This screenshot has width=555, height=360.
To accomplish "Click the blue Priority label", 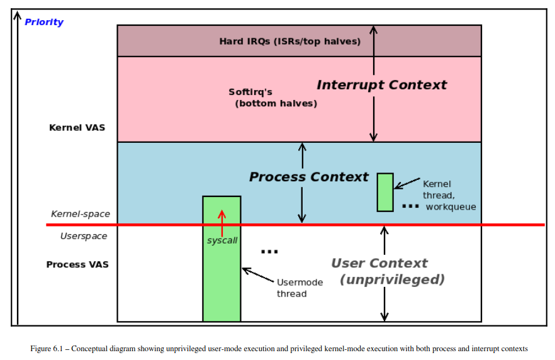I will [44, 22].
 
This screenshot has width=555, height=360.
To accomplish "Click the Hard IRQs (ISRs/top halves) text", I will [289, 42].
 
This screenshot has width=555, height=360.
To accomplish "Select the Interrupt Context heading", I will [381, 85].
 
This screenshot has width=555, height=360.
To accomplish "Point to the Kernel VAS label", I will [77, 128].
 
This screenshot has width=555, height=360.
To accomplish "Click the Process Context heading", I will [308, 177].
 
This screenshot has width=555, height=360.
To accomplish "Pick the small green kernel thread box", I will [385, 192].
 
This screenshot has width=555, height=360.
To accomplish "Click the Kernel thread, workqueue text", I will [449, 195].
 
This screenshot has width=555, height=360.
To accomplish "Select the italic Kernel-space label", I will [81, 214].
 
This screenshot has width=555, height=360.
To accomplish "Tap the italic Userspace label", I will [84, 236].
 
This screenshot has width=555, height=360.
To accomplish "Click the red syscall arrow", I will [221, 223].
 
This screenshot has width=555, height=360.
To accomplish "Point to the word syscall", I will [222, 240].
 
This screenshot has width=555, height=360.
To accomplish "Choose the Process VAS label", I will [77, 264].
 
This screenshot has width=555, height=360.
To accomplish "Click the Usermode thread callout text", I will [300, 288].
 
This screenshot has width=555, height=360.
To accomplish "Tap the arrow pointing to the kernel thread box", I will [407, 183].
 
